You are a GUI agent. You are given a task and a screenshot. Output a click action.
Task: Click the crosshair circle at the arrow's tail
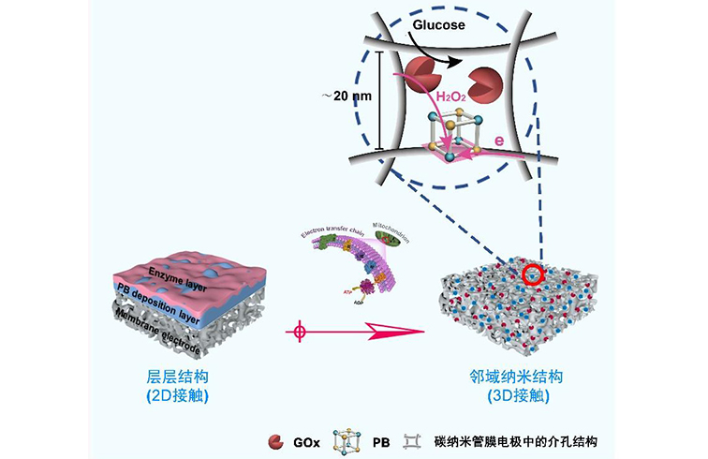click(301, 332)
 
